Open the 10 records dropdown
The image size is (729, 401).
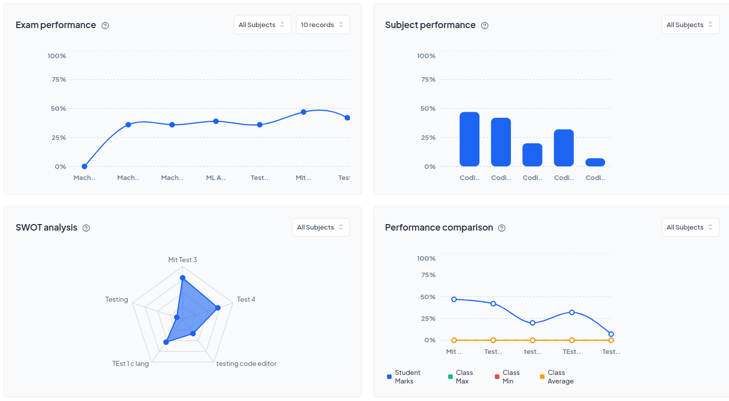point(322,25)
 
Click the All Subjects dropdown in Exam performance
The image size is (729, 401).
point(262,25)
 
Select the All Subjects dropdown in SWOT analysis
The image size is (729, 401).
point(321,227)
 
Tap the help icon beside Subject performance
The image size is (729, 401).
point(484,26)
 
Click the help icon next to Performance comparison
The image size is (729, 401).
point(501,228)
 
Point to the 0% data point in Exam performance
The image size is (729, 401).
point(84,166)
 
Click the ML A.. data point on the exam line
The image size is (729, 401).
point(216,121)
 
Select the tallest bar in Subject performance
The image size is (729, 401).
point(469,139)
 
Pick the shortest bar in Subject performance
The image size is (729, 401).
point(595,162)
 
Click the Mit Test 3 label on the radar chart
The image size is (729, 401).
point(183,260)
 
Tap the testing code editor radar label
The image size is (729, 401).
point(246,363)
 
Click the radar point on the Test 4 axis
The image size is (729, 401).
point(218,308)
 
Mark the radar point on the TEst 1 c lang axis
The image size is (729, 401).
point(166,342)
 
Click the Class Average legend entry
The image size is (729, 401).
point(557,377)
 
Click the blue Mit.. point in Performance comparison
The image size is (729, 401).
point(454,299)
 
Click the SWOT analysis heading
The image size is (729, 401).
point(46,228)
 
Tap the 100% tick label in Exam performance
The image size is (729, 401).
point(57,56)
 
